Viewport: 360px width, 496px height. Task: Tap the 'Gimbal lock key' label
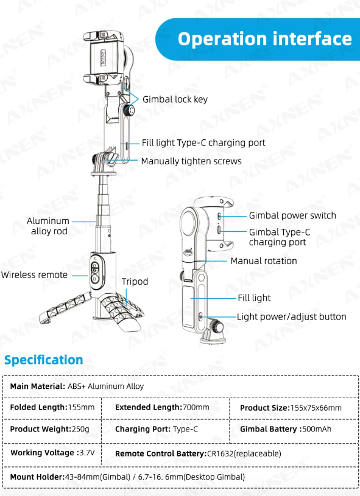point(175,99)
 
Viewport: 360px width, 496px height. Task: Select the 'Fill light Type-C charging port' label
point(203,143)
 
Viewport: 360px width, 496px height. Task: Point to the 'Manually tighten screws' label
point(191,161)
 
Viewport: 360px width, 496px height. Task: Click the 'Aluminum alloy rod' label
point(48,226)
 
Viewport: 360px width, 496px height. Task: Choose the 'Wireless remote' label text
point(34,275)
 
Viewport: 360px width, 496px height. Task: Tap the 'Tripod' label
point(135,282)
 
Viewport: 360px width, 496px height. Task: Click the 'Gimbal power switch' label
point(292,215)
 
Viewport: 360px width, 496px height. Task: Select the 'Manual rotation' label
point(264,261)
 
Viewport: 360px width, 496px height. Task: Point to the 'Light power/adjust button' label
point(292,316)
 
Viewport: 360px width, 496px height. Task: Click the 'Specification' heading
point(44,360)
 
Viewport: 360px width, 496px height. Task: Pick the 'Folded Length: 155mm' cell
point(52,407)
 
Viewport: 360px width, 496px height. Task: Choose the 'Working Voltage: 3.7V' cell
point(52,453)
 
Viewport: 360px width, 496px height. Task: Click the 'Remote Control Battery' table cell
point(198,453)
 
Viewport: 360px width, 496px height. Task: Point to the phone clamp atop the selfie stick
point(103,58)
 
